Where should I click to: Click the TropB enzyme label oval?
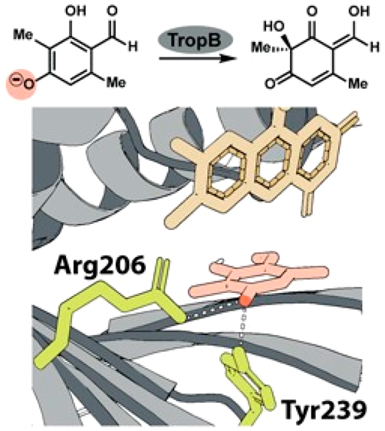point(195,39)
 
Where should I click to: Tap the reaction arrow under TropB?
point(198,58)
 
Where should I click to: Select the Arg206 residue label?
point(100,265)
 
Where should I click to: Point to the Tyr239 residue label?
point(324,410)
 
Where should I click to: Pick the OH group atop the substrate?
point(76,11)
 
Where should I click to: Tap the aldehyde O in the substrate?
point(113,12)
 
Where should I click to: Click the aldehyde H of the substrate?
point(133,47)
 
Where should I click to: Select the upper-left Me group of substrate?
point(24,35)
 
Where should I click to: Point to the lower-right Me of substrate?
point(117,83)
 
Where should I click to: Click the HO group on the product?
point(274,27)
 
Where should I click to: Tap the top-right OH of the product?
point(359,12)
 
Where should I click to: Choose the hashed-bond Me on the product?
point(261,48)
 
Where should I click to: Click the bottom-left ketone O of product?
point(270,84)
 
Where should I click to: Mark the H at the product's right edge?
point(374,48)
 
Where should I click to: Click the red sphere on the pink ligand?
point(245,300)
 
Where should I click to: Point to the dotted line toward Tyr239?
point(242,326)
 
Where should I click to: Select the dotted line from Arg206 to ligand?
point(212,311)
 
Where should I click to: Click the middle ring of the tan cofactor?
point(275,164)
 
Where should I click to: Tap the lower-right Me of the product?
point(357,83)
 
